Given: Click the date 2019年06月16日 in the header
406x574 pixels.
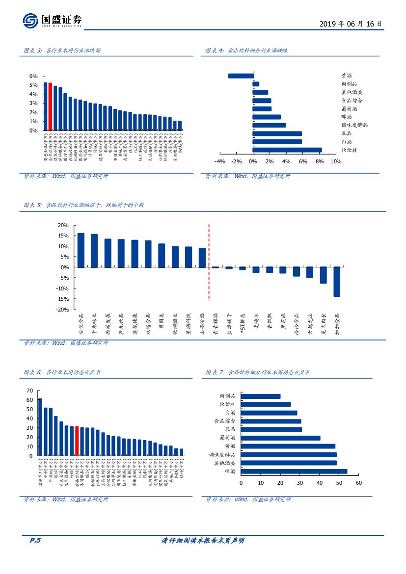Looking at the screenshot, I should (350, 24).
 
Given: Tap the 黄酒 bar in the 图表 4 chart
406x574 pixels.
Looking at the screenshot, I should (241, 76).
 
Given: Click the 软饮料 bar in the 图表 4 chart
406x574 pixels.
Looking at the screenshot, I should (287, 150).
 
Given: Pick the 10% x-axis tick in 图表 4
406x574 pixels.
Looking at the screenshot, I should (336, 162).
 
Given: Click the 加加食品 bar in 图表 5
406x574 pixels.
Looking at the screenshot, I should (337, 282).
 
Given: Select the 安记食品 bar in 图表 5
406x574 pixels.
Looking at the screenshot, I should (81, 250).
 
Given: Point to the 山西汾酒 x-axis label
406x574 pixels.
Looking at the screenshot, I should (202, 324).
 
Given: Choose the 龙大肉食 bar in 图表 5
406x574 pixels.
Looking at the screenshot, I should (323, 275).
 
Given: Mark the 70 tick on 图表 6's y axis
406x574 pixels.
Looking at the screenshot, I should (29, 391).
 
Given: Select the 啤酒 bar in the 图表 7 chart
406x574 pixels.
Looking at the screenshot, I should (294, 471).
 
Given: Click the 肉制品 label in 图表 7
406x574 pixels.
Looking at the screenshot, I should (228, 396).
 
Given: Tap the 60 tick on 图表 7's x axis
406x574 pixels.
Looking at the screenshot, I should (358, 483).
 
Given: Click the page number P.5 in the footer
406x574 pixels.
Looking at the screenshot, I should (35, 541).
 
